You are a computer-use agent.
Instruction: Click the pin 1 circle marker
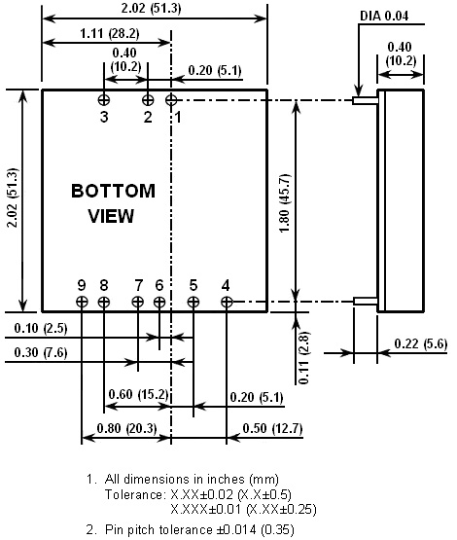point(171,100)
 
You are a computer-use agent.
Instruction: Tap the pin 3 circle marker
point(104,100)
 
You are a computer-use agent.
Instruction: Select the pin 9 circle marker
point(82,302)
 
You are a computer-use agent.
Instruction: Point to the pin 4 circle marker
point(227,302)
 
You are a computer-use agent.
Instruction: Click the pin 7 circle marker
point(138,302)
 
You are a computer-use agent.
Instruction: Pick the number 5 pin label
point(193,285)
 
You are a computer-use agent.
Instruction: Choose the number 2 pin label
point(148,117)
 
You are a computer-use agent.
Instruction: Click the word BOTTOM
point(113,191)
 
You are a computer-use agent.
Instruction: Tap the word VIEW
point(111,216)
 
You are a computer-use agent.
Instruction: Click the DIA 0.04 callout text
point(384,16)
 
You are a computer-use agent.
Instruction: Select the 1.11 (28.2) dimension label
point(110,33)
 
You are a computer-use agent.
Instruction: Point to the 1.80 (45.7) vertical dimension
point(285,203)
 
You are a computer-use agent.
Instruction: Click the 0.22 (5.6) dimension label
point(420,343)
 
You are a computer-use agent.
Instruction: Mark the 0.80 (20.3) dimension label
point(127,428)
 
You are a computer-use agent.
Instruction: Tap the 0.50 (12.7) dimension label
point(272,428)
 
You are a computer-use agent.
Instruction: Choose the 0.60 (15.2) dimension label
point(139,394)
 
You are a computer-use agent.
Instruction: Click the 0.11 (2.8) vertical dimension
point(304,358)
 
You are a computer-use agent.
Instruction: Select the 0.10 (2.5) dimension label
point(41,328)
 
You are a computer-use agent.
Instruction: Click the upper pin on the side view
point(366,100)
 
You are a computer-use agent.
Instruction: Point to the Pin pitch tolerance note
point(191,529)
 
